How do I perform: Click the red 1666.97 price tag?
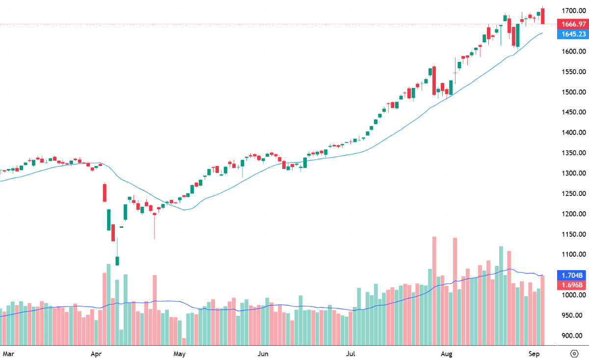572,24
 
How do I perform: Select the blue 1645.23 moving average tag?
572,34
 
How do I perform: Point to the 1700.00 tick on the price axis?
573,10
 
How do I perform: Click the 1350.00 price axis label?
573,153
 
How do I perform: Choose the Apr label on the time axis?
96,353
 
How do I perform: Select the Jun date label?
263,353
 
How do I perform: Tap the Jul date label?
350,353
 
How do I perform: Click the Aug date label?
446,353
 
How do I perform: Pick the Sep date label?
535,353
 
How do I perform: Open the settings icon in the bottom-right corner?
574,353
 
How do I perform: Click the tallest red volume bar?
434,290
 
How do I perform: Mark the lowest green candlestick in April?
117,260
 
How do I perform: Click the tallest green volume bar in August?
501,295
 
